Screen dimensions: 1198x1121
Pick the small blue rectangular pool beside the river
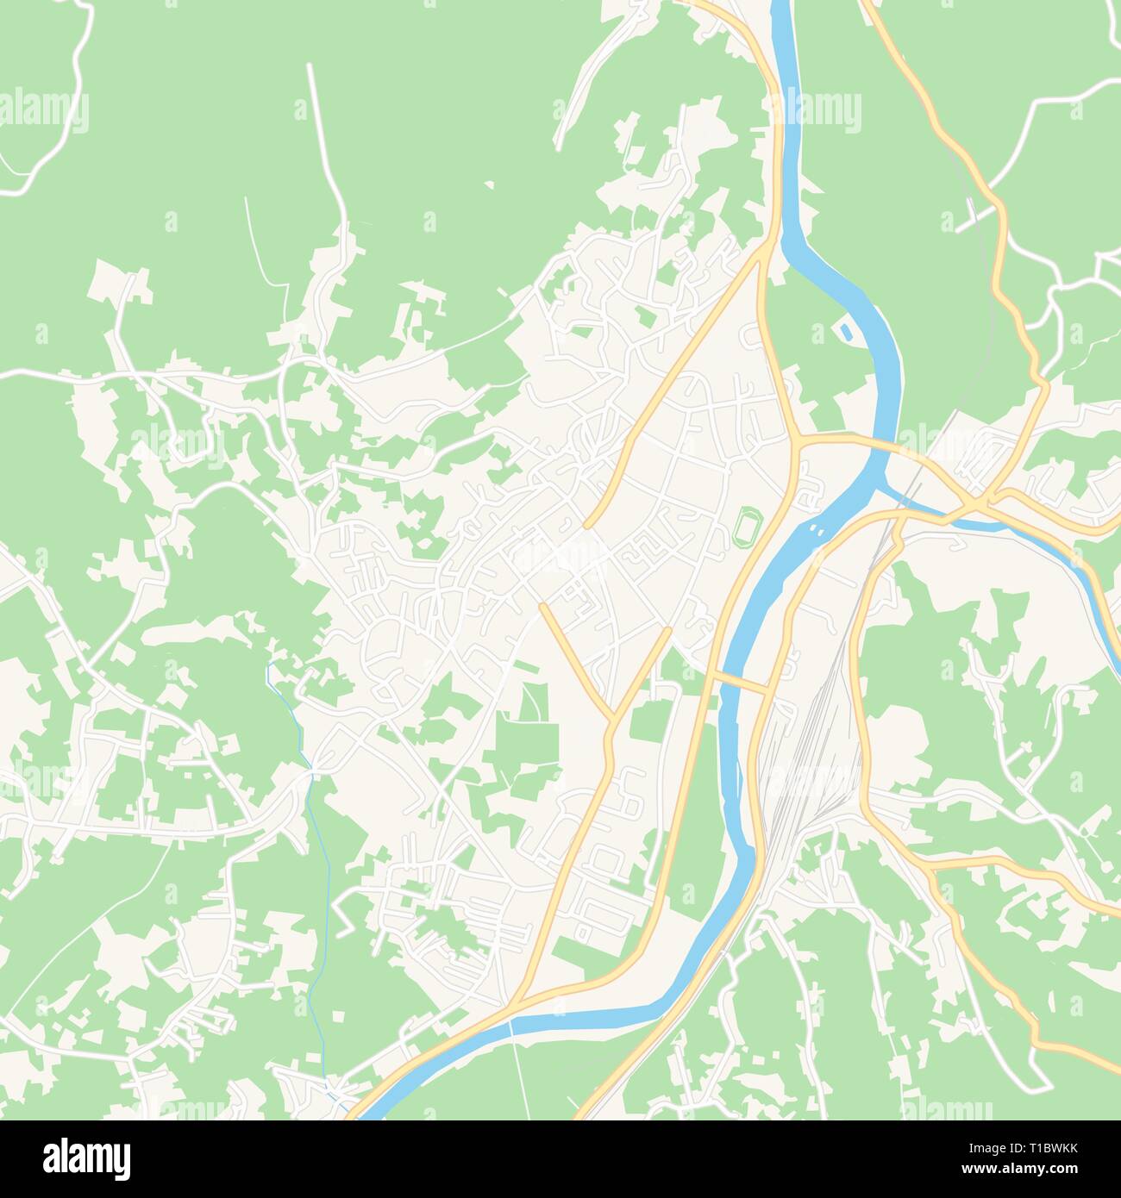coord(843,330)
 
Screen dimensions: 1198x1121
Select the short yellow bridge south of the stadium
coord(740,682)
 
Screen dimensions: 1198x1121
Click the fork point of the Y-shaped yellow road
coord(611,717)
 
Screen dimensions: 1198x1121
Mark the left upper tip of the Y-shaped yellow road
coord(543,606)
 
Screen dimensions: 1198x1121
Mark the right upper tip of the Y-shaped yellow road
coord(668,630)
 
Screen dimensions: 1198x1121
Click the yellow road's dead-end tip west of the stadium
coord(587,525)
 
